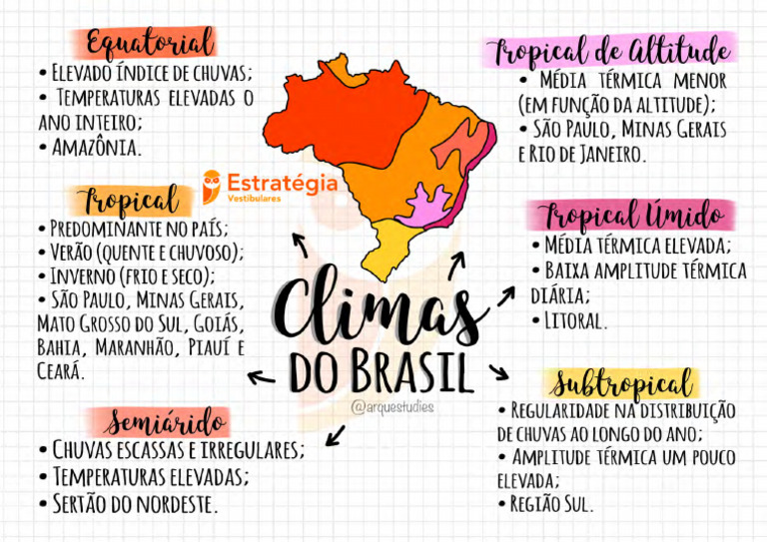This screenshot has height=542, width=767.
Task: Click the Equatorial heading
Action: tap(150, 43)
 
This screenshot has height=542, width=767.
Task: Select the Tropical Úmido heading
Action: tap(633, 215)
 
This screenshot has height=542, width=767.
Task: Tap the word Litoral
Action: tap(576, 321)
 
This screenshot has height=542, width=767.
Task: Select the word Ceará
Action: tap(60, 370)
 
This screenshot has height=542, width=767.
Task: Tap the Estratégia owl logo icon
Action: tap(212, 186)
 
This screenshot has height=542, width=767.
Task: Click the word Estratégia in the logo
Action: tap(282, 183)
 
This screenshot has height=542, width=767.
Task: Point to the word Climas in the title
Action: tap(381, 305)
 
